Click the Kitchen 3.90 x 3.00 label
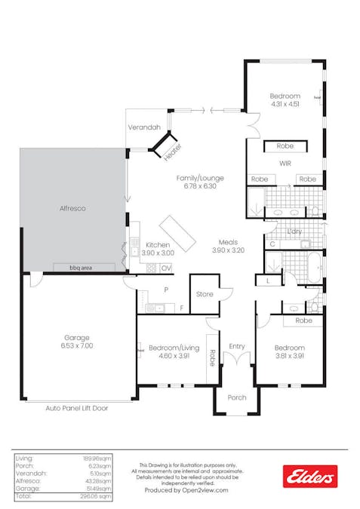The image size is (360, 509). click(158, 249)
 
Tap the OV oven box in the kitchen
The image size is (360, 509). click(165, 268)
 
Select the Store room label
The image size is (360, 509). click(204, 294)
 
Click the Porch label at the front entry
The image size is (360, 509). click(236, 397)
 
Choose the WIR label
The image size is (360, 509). click(285, 162)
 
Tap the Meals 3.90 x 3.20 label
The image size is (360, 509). click(228, 246)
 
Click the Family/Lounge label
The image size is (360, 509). click(196, 182)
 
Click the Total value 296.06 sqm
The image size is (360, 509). click(97, 496)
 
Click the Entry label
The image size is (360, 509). click(237, 346)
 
